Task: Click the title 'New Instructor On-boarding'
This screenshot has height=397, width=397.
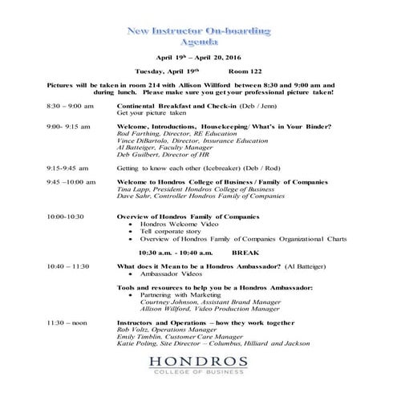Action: pos(199,30)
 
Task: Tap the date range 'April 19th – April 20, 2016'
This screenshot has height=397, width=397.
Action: pos(198,59)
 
